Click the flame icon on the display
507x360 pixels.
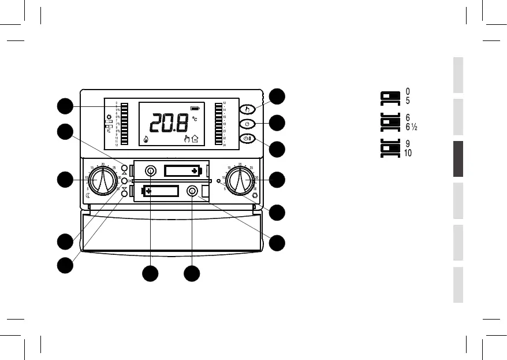pos(145,139)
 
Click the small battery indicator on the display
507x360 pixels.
pos(197,107)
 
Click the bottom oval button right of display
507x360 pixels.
pos(247,139)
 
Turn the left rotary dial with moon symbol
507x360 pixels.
pos(103,180)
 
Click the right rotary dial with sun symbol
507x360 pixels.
pos(239,180)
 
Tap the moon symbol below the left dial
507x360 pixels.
pos(88,196)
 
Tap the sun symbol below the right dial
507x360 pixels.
pos(255,196)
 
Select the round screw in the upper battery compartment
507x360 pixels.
pos(151,171)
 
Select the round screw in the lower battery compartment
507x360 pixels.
pos(192,191)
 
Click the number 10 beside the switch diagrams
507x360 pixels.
pos(409,153)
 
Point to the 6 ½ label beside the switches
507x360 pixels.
pos(412,127)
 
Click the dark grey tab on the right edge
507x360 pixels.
pos(458,159)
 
